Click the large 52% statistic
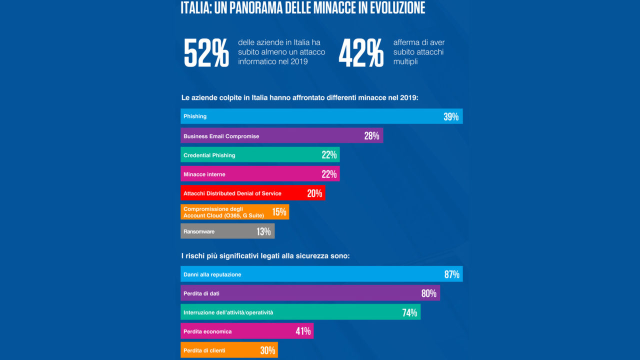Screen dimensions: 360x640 point(206,53)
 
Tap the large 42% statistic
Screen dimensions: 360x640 point(361,53)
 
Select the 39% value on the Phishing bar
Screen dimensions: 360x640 point(450,117)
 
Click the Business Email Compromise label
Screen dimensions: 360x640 point(221,136)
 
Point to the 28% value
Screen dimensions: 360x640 point(371,136)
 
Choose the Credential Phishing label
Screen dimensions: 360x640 point(209,155)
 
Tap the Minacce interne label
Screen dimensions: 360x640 point(204,174)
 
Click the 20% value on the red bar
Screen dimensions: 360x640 point(314,193)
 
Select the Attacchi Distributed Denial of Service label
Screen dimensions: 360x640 point(232,193)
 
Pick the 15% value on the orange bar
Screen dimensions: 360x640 point(279,212)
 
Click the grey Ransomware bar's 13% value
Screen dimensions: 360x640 point(263,231)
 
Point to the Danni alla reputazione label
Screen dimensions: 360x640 point(212,274)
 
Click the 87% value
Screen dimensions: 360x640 point(451,274)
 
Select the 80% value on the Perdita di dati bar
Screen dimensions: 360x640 point(429,293)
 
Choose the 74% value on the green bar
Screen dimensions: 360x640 point(409,313)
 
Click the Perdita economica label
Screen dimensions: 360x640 point(207,331)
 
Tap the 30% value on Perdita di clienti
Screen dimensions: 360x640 point(267,350)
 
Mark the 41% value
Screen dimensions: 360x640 point(303,331)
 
